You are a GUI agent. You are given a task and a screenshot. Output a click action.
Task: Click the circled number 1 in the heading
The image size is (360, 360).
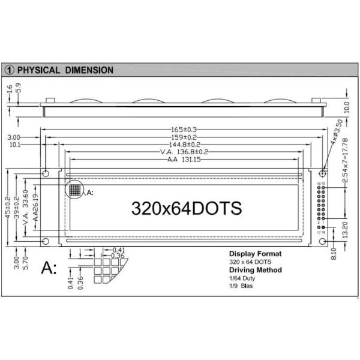click(x=9, y=70)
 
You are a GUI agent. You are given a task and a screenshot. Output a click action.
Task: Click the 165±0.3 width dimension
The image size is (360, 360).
click(x=184, y=130)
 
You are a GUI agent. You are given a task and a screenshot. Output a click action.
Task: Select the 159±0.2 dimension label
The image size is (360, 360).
click(x=184, y=137)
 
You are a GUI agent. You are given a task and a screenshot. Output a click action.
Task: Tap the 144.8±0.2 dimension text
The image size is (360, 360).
click(x=184, y=145)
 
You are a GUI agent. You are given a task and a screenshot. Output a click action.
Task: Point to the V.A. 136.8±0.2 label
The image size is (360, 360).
click(x=184, y=152)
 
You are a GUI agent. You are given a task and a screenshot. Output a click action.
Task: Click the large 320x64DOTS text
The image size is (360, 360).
click(x=187, y=208)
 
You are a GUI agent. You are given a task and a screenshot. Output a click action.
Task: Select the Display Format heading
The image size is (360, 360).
click(x=255, y=254)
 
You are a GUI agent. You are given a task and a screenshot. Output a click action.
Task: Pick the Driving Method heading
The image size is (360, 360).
click(x=256, y=270)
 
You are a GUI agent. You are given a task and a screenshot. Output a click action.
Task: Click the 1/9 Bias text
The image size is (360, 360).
click(x=241, y=286)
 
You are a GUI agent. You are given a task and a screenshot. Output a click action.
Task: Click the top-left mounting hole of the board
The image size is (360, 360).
click(x=45, y=173)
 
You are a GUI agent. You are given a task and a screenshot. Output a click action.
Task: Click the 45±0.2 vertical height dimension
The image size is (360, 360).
click(x=8, y=208)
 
